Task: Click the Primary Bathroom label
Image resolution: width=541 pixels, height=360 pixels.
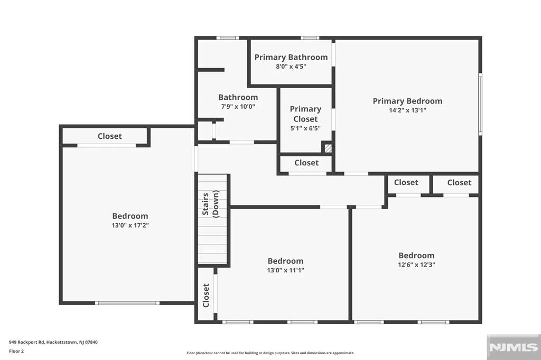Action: click(x=291, y=57)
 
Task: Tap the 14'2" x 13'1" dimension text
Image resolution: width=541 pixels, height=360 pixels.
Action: click(x=407, y=110)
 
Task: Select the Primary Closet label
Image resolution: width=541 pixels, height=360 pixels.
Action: click(x=305, y=114)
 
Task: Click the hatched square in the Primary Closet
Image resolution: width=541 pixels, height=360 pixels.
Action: click(x=328, y=148)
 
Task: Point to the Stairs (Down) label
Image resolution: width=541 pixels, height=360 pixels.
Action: click(x=210, y=204)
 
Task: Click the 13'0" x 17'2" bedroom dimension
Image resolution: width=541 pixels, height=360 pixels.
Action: click(x=130, y=225)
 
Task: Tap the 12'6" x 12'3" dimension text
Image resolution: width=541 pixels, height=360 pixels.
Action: click(x=416, y=265)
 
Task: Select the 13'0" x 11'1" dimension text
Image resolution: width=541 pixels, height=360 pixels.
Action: click(x=285, y=270)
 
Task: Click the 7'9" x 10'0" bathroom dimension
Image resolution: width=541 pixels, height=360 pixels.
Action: click(x=238, y=107)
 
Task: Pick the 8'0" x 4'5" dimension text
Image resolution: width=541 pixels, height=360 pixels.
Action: click(x=291, y=67)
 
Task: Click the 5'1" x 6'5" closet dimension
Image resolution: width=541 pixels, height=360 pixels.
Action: click(x=305, y=128)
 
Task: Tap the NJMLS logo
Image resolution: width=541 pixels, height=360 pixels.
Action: click(x=514, y=347)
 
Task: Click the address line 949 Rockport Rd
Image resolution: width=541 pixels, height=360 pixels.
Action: click(x=53, y=343)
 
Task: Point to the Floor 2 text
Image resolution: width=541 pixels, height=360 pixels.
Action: click(x=16, y=352)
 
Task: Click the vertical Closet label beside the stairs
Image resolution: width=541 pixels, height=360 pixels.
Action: click(x=206, y=295)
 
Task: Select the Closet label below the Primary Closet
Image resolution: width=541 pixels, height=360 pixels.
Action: click(x=306, y=163)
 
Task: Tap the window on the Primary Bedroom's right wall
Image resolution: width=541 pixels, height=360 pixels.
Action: click(x=480, y=104)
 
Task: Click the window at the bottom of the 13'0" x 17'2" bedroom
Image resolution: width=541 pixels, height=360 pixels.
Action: click(x=127, y=303)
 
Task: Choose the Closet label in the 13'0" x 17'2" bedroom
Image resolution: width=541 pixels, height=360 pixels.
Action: click(x=110, y=136)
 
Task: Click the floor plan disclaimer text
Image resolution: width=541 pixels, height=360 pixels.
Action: click(x=270, y=353)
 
